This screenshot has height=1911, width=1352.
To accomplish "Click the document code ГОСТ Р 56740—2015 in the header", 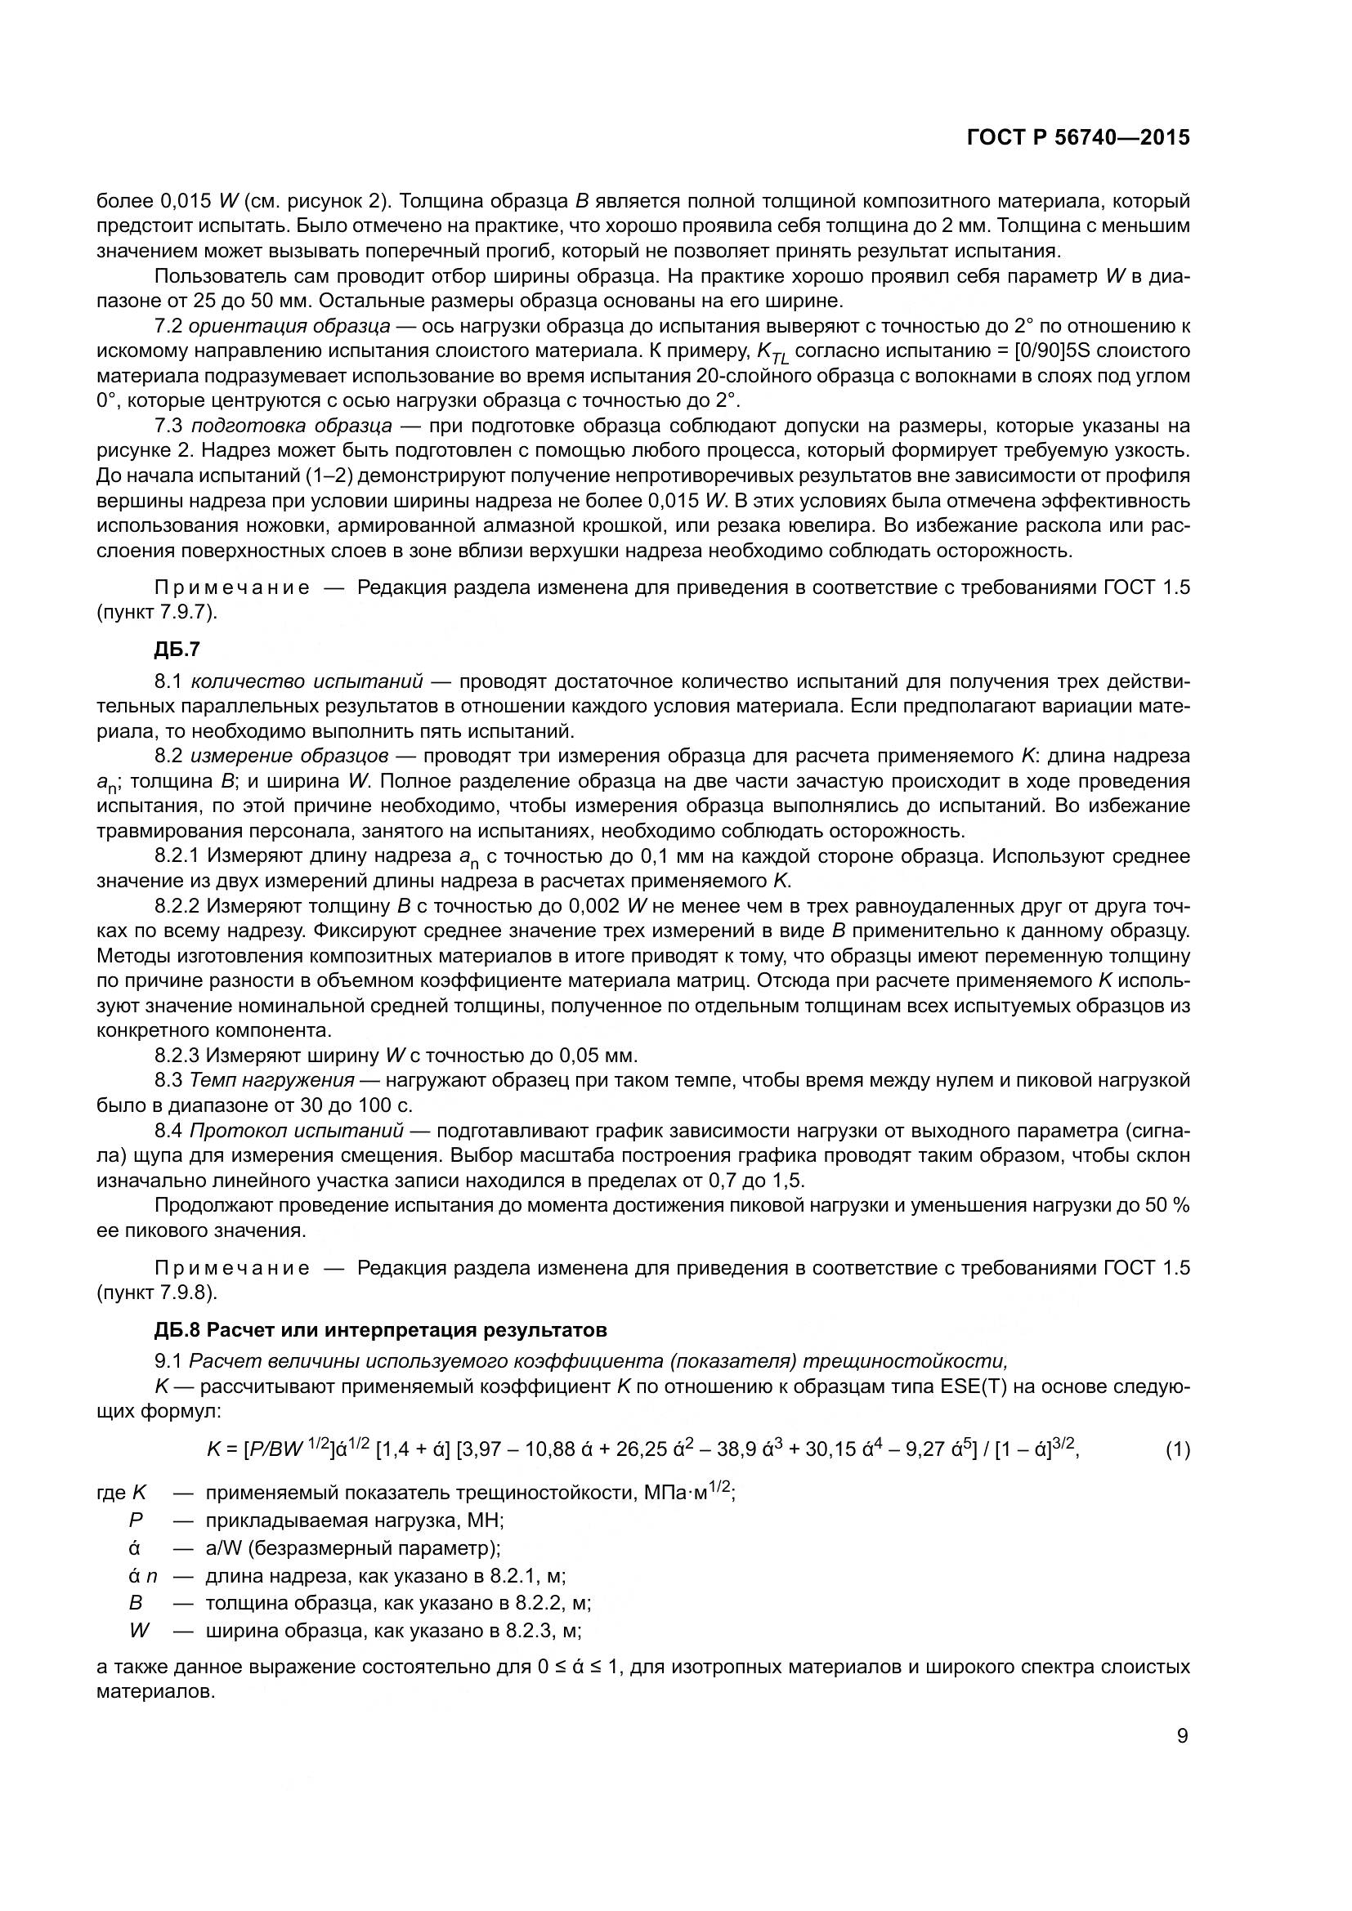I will pos(1078,138).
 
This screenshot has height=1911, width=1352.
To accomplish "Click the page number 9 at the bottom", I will pos(1183,1736).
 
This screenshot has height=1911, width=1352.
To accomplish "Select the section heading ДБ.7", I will pos(177,650).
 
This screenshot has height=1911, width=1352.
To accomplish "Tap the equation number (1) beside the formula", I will pos(1177,1450).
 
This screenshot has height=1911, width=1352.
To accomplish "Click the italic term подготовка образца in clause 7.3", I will pos(291,426).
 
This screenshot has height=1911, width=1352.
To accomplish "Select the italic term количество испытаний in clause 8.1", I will pos(307,681).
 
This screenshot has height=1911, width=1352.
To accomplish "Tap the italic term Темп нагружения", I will pos(272,1081).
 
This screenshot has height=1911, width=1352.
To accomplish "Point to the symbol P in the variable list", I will pos(136,1520).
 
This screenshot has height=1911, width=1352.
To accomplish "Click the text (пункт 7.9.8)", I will pos(156,1293).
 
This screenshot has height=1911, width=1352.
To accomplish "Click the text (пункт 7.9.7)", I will pos(156,612).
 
